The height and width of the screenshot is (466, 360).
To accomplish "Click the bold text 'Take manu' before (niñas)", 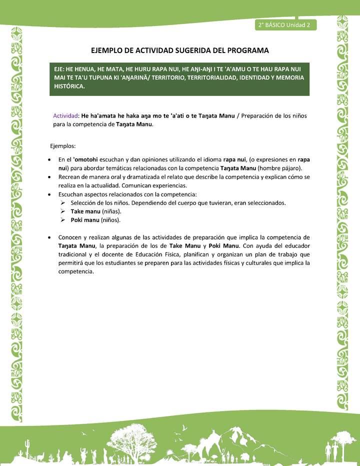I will pos(85,211).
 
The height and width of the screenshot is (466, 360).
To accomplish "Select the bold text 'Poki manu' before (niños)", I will pos(85,220).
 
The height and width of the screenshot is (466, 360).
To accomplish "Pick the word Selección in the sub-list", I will pos(84,203).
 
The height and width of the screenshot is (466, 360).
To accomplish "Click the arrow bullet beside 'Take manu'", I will pos(63,211).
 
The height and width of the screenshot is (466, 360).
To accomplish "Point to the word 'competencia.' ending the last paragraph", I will pos(76,271).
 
